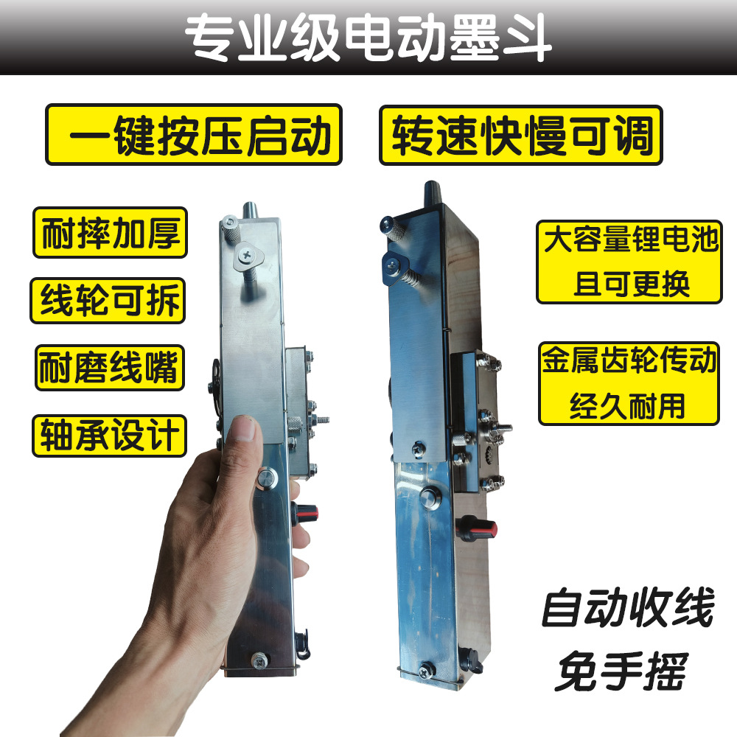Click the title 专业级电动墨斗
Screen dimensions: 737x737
coord(368,37)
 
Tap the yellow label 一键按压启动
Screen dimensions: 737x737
coord(194,133)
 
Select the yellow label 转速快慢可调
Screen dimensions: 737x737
coord(520,135)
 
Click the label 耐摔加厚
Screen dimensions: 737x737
coord(110,232)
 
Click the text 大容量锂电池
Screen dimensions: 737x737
coord(629,241)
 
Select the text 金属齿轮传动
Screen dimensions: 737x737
coord(629,362)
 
